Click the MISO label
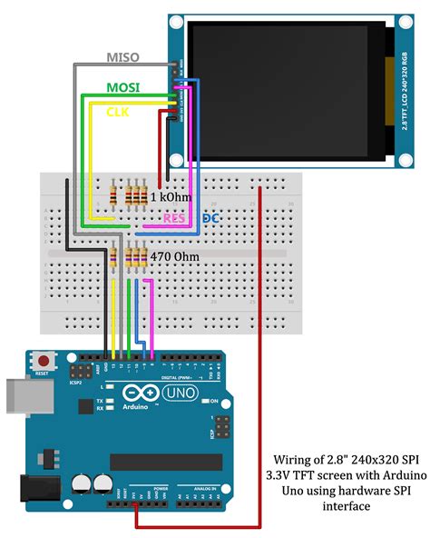tap(122, 57)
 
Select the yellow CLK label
tap(118, 112)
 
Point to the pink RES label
tap(175, 219)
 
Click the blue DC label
tap(210, 219)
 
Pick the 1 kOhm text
tap(170, 195)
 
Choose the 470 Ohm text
tap(171, 257)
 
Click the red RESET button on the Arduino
tap(40, 361)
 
